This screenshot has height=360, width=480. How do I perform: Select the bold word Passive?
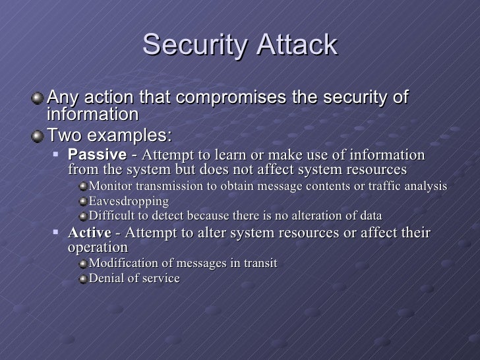click(x=97, y=155)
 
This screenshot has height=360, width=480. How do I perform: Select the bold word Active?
click(x=90, y=233)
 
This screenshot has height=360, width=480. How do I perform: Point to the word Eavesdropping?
click(x=129, y=200)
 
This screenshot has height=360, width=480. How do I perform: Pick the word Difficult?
click(x=113, y=216)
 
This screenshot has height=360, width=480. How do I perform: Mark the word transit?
click(x=260, y=263)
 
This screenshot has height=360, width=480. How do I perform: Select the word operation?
click(x=98, y=247)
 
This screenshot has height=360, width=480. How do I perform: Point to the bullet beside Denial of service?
click(x=82, y=278)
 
